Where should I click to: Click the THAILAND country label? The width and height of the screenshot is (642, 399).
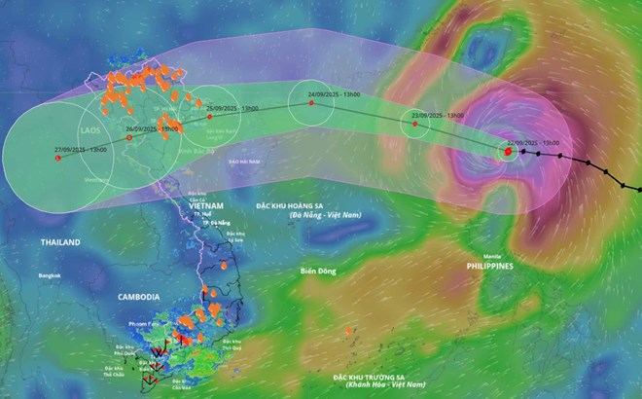[x=60, y=240]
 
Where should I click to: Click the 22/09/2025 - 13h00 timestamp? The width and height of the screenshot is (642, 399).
[x=532, y=142]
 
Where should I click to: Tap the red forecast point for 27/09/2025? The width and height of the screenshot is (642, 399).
[x=57, y=158]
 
